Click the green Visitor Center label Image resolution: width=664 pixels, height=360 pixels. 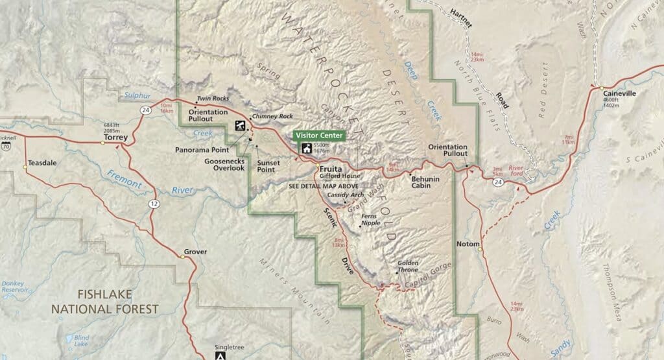tap(318, 135)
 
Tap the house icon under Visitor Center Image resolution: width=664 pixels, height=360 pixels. tap(305, 148)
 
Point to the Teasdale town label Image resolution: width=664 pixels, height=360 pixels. tap(43, 163)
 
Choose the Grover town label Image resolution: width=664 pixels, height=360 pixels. tap(195, 251)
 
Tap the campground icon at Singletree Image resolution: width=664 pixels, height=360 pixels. tap(220, 355)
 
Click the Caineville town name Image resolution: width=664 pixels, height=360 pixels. tap(619, 93)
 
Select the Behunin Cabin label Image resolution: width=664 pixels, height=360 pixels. tap(425, 182)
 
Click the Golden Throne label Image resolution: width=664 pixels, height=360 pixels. tap(408, 266)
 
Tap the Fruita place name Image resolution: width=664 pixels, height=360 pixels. tap(331, 168)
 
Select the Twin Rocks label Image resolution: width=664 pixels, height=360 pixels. tap(213, 98)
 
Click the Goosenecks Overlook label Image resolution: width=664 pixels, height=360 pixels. tap(224, 164)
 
